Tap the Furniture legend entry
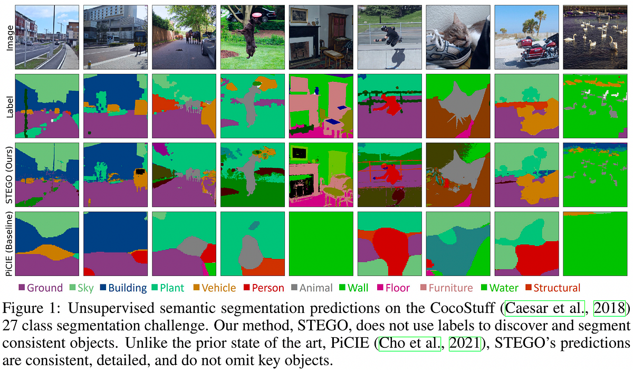446,288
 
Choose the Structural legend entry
553,288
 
